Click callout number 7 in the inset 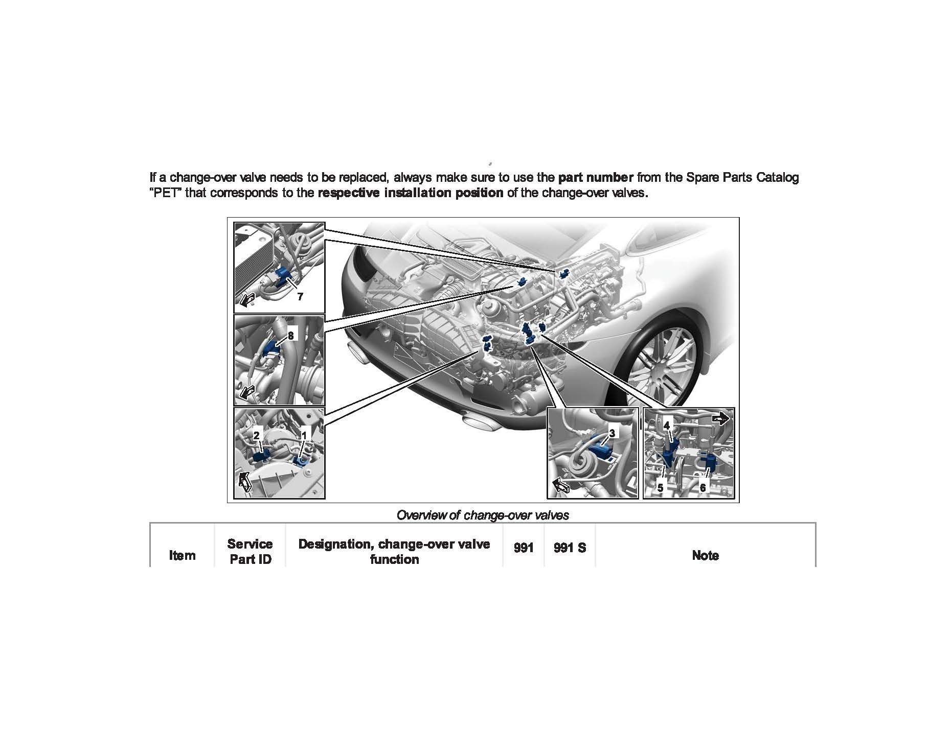[x=300, y=296]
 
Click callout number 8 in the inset [x=290, y=336]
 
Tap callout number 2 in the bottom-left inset [x=257, y=435]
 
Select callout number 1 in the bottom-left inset [x=304, y=435]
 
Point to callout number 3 [x=613, y=433]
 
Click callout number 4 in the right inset [x=667, y=425]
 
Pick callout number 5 [x=660, y=488]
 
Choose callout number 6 [x=703, y=488]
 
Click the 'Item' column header [x=182, y=555]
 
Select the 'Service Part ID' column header [x=250, y=551]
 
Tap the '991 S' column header [x=570, y=548]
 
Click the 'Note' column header [x=705, y=555]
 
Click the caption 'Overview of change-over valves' [x=483, y=515]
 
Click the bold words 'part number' [x=596, y=177]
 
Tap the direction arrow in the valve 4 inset [x=721, y=419]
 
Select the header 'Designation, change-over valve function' [x=394, y=551]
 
